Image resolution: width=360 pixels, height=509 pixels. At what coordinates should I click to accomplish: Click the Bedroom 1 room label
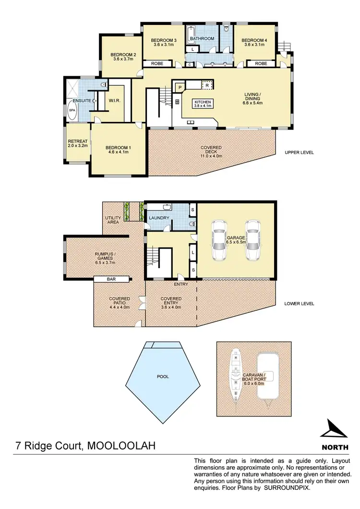118,149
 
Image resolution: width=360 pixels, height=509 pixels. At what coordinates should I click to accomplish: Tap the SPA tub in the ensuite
72,110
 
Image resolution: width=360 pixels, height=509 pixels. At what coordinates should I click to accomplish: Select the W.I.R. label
114,101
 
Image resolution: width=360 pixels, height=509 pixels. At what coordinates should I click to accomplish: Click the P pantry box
179,87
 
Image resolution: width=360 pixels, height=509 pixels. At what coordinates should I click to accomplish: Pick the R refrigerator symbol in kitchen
207,85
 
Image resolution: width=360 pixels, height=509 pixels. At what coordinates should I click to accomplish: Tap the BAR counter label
112,279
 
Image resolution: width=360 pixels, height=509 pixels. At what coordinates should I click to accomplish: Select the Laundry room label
159,218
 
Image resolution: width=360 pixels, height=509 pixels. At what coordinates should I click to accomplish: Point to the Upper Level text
299,153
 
